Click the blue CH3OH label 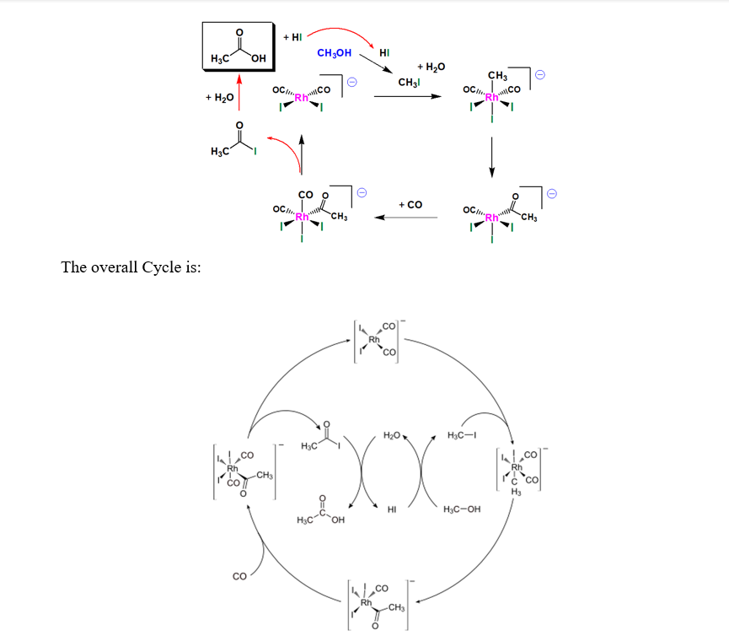334,53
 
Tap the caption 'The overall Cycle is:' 131,267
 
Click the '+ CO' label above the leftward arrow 410,205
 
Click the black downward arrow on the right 492,155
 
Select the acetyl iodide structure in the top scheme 241,142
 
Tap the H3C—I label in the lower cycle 463,435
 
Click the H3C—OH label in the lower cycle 461,509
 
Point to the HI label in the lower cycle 392,509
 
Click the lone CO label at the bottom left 239,577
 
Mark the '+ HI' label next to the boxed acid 292,37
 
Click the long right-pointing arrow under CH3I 407,96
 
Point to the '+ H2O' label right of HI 431,66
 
